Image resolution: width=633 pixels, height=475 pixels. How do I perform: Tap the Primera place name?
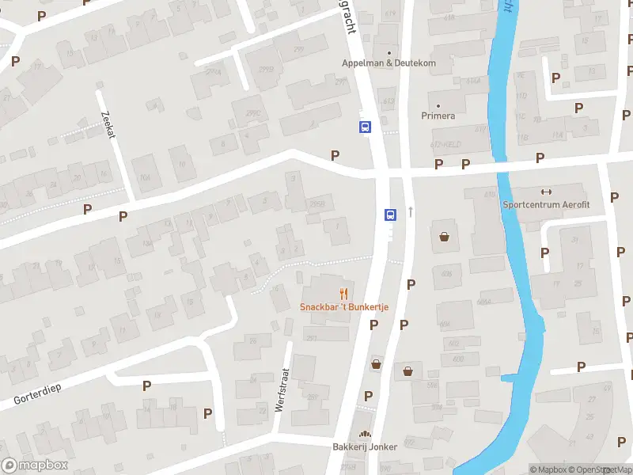coord(438,116)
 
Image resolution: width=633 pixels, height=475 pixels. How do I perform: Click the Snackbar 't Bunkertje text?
coord(343,307)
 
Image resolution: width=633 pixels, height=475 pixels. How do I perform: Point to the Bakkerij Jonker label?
coord(365,446)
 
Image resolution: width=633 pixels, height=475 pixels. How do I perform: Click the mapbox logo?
coord(35,465)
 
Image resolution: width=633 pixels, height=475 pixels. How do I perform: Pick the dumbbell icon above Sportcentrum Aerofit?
coord(545,191)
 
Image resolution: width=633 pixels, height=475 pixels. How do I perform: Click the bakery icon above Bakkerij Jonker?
coord(365,434)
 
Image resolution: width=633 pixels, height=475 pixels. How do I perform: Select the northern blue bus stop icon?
coord(365,127)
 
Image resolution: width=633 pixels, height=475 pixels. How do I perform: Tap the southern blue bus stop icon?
coord(389,215)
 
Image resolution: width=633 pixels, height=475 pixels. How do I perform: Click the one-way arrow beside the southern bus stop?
coord(411,211)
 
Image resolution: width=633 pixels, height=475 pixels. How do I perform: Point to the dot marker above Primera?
coord(438,104)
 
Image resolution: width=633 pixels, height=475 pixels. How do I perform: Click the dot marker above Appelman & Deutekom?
coord(389,53)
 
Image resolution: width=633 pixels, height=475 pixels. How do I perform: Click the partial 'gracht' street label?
coord(346,17)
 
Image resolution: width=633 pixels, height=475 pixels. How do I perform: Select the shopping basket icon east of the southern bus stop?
coord(444,236)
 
